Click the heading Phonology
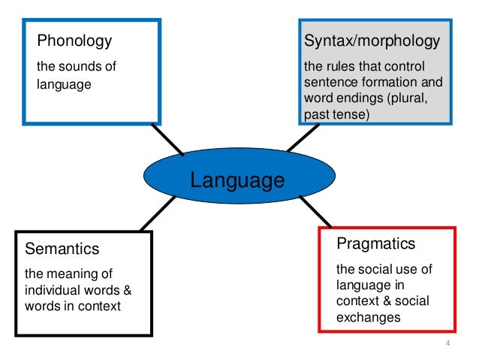click(74, 41)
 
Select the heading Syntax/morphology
click(371, 40)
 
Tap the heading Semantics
click(62, 249)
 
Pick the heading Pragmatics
click(375, 244)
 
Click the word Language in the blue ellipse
click(237, 180)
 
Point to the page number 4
click(447, 344)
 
